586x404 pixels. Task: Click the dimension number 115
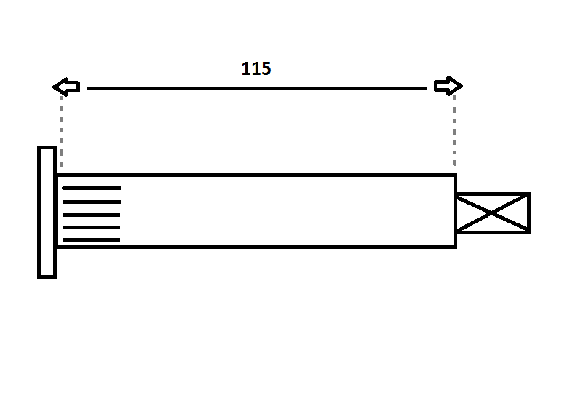[x=256, y=68]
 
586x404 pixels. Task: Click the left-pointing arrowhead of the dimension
[x=66, y=87]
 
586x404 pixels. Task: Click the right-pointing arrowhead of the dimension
[x=448, y=86]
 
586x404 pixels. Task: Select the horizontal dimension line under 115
[x=257, y=89]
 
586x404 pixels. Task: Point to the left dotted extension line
[x=62, y=130]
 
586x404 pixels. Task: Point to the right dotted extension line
[x=454, y=130]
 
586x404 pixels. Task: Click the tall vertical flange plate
[x=47, y=212]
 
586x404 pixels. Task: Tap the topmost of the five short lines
[x=92, y=188]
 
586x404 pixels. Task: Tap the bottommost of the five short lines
[x=92, y=239]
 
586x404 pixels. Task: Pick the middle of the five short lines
[x=92, y=215]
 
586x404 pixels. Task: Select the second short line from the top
[x=92, y=202]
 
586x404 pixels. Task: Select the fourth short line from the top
[x=92, y=227]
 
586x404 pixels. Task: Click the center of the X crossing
[x=491, y=213]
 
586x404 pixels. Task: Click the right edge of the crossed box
[x=528, y=213]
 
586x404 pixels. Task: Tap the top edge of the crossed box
[x=494, y=194]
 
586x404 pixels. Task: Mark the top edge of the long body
[x=256, y=175]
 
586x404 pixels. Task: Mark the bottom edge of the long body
[x=256, y=247]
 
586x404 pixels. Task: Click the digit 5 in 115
[x=266, y=68]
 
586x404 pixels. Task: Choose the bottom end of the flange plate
[x=47, y=277]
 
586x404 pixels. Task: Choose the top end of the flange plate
[x=47, y=147]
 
